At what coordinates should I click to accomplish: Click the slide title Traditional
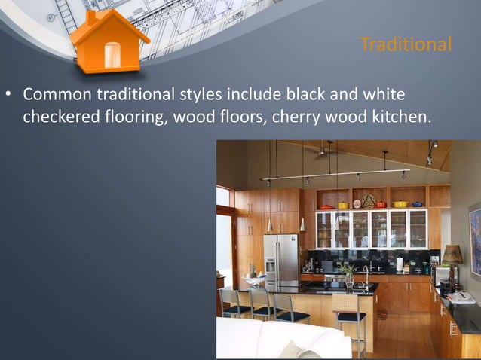tap(406, 44)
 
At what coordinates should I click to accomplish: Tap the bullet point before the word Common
tap(10, 96)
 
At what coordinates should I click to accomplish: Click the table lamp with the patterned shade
tap(452, 256)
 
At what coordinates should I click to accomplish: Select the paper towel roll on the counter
tap(399, 264)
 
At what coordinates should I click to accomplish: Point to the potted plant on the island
tap(348, 272)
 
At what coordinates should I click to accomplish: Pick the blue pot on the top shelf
tap(420, 203)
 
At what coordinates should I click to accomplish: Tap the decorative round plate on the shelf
tap(368, 201)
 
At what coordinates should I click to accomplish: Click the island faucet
tap(367, 273)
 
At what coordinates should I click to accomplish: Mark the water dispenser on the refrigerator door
tap(271, 266)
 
